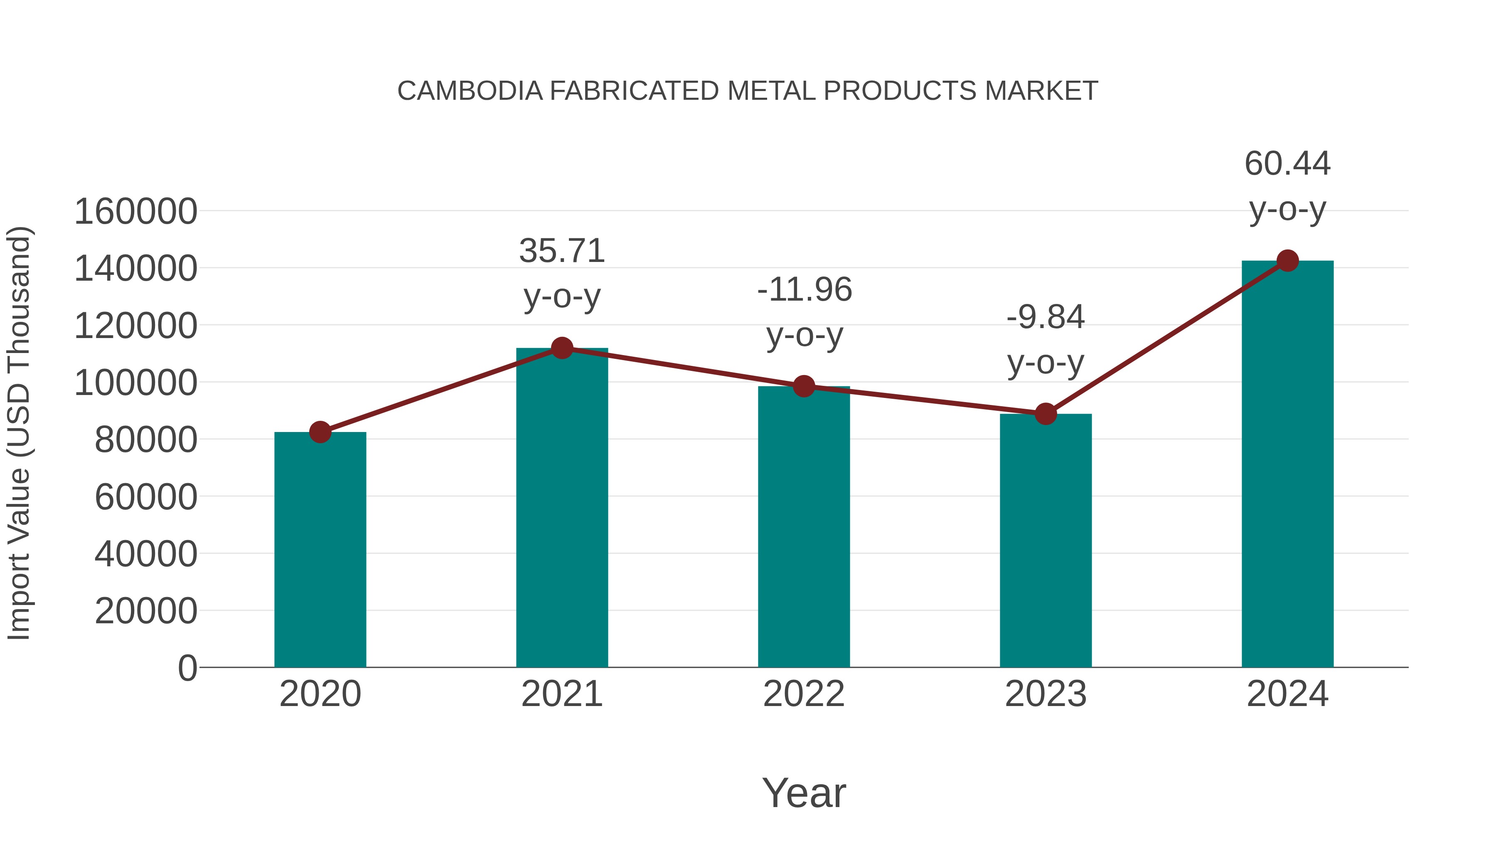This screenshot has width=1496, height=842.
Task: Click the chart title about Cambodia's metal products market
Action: pyautogui.click(x=748, y=91)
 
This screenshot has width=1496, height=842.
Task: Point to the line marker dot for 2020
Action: pyautogui.click(x=320, y=432)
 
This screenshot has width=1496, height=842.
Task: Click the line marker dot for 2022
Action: pyautogui.click(x=804, y=386)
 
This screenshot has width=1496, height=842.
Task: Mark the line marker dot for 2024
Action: pyautogui.click(x=1287, y=261)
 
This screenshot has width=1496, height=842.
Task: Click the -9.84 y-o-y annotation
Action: pyautogui.click(x=1046, y=340)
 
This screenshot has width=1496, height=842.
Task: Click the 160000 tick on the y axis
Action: pyautogui.click(x=136, y=212)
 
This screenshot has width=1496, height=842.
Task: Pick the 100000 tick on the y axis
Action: pyautogui.click(x=136, y=383)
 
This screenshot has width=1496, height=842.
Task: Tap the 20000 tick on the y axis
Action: pyautogui.click(x=146, y=611)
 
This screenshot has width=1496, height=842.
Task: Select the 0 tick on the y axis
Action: pyautogui.click(x=187, y=668)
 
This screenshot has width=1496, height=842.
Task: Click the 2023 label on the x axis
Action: pyautogui.click(x=1046, y=694)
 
